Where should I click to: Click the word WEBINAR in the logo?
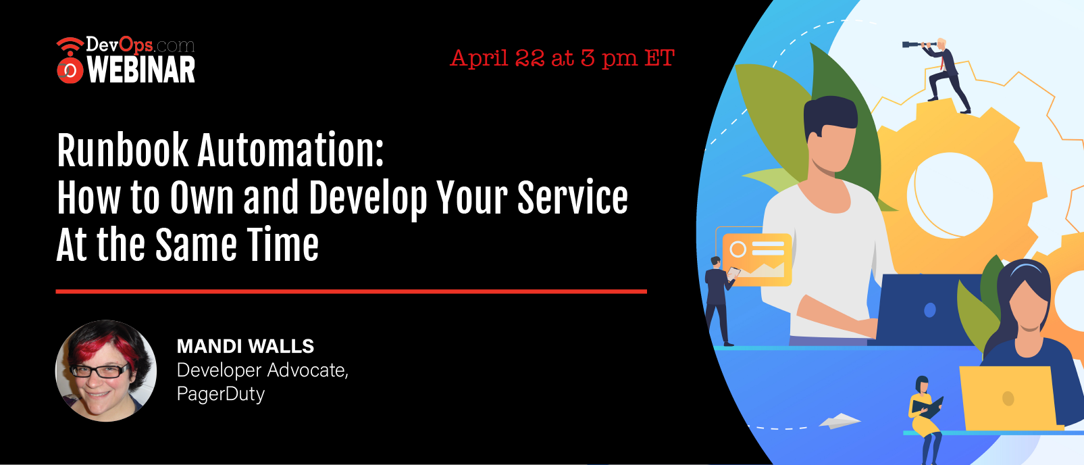[141, 70]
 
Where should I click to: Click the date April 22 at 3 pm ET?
[563, 59]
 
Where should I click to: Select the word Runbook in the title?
[122, 150]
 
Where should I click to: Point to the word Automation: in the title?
[291, 150]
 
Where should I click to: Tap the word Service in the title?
[573, 197]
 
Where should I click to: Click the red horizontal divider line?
[351, 291]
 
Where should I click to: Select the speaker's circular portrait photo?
[106, 370]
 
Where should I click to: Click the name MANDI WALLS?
[245, 346]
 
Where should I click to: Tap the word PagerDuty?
[221, 394]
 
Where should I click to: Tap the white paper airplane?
[840, 421]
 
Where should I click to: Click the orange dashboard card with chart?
[757, 259]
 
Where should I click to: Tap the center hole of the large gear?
[950, 196]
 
